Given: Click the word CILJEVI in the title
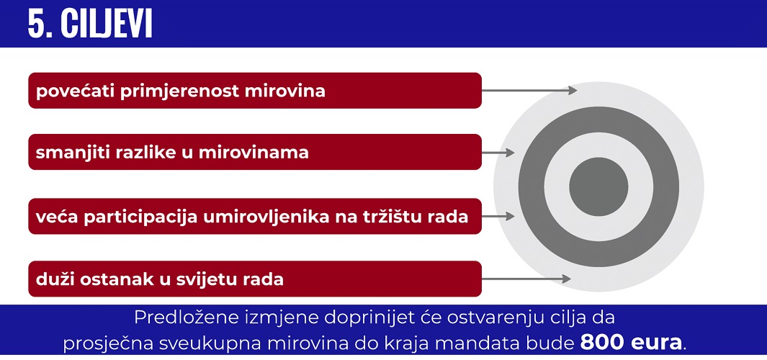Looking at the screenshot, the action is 107,24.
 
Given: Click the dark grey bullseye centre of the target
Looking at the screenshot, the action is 598,187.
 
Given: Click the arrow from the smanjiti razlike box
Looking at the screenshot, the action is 498,153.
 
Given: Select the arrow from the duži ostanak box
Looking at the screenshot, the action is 526,279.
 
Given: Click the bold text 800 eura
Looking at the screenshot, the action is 631,343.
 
